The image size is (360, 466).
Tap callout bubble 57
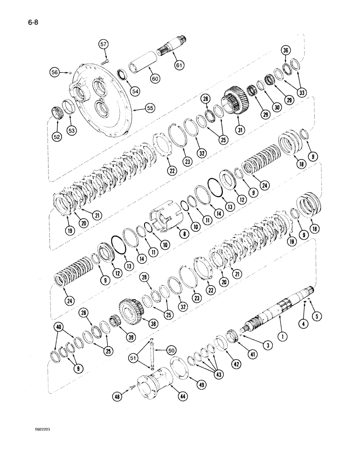[x=103, y=45]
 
